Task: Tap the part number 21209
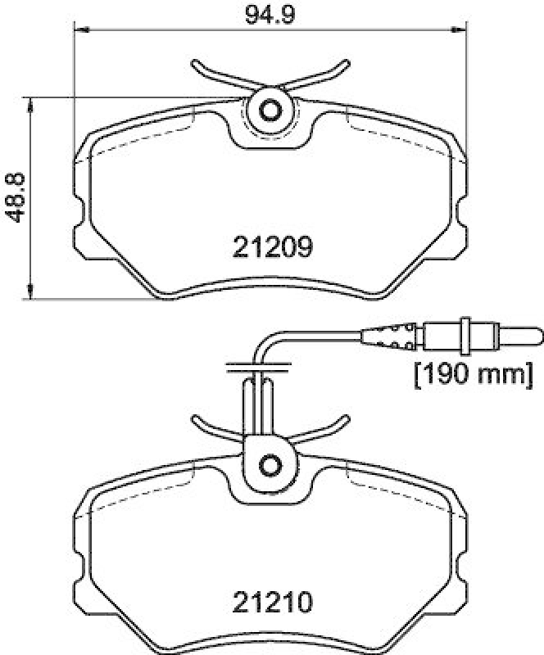(271, 246)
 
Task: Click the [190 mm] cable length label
(471, 375)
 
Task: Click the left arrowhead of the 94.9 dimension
(80, 30)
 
